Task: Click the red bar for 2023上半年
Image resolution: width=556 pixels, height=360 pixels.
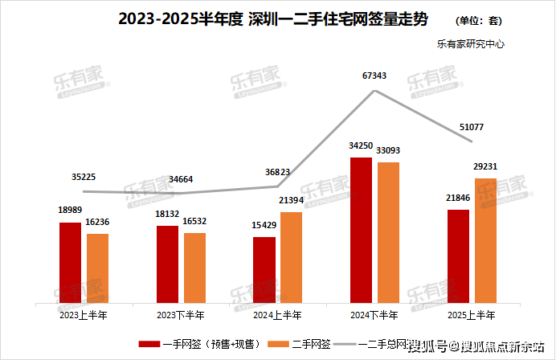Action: (70, 264)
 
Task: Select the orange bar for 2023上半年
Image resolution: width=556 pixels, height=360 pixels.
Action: (97, 269)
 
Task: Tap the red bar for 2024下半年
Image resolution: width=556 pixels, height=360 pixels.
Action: (361, 231)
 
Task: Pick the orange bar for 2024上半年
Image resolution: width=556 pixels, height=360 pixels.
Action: (291, 258)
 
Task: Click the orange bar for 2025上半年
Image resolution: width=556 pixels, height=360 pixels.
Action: (485, 241)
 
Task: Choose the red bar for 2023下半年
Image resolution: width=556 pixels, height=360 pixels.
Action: (167, 265)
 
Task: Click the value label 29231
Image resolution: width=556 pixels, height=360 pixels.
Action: (484, 166)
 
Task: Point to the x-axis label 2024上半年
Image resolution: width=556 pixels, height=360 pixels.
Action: (277, 315)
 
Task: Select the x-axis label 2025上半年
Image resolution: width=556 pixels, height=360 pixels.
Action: (472, 315)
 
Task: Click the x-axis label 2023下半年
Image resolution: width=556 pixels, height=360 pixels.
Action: (181, 315)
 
